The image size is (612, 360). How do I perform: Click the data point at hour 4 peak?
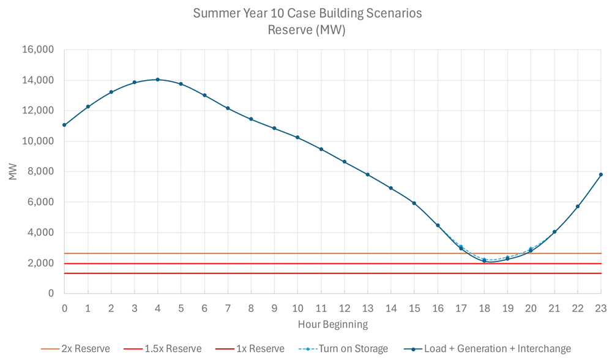(157, 80)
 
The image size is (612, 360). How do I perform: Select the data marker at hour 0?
(64, 125)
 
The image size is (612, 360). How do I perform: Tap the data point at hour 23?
(600, 174)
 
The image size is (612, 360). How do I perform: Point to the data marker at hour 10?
(297, 137)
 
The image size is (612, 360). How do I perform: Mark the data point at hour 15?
(414, 203)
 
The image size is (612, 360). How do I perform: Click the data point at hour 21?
(554, 232)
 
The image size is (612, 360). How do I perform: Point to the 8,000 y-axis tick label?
(42, 171)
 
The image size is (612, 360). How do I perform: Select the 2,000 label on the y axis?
(42, 263)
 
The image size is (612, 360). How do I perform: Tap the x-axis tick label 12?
(344, 308)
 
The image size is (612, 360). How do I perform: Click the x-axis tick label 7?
(228, 308)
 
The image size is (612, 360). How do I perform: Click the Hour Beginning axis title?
(332, 324)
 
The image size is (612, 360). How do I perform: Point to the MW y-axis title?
(13, 172)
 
